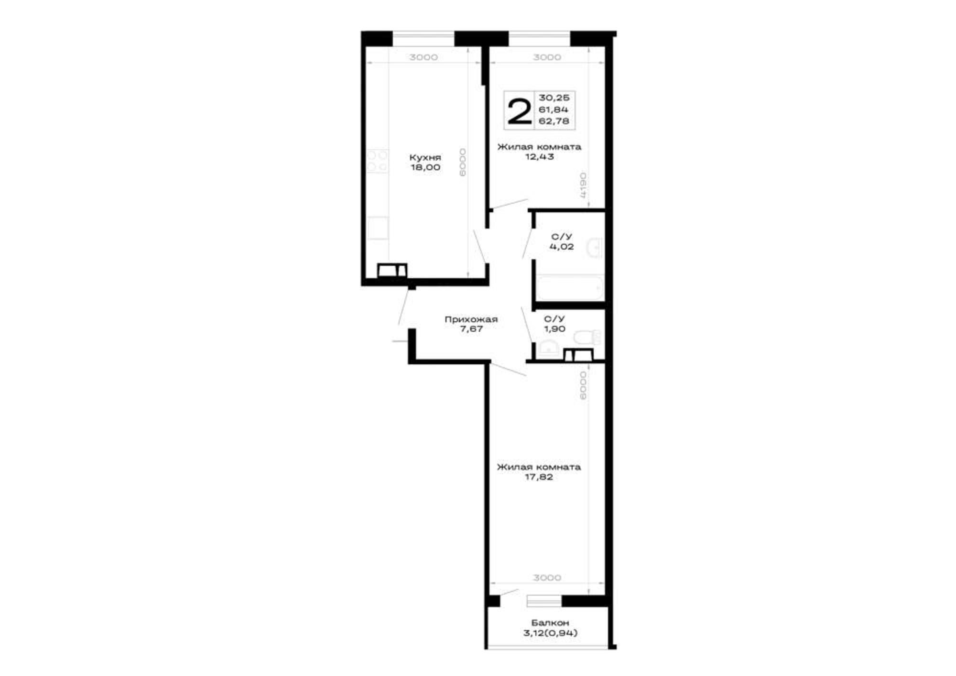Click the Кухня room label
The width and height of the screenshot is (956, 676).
tap(425, 157)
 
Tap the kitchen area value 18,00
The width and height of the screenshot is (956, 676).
tap(425, 167)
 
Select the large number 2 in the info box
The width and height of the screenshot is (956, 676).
tap(519, 111)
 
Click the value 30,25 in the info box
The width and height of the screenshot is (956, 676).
tap(554, 98)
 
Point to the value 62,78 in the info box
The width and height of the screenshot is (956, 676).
tap(554, 121)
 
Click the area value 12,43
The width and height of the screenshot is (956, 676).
tap(539, 157)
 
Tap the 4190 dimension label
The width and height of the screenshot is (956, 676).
tap(583, 185)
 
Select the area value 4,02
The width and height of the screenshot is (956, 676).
tap(561, 247)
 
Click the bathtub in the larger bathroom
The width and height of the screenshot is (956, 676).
tap(570, 288)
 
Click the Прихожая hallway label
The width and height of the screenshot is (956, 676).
tap(471, 319)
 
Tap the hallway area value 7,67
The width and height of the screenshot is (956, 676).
tap(471, 329)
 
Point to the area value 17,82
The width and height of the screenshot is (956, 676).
tap(539, 477)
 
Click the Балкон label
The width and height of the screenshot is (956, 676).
tap(550, 623)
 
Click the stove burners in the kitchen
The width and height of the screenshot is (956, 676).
tap(378, 161)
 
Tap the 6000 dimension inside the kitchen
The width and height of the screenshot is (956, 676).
tap(462, 162)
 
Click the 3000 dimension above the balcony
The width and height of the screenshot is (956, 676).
tap(547, 578)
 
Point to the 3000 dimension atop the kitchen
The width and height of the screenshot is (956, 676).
tap(424, 57)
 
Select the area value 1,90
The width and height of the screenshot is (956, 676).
tap(554, 329)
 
